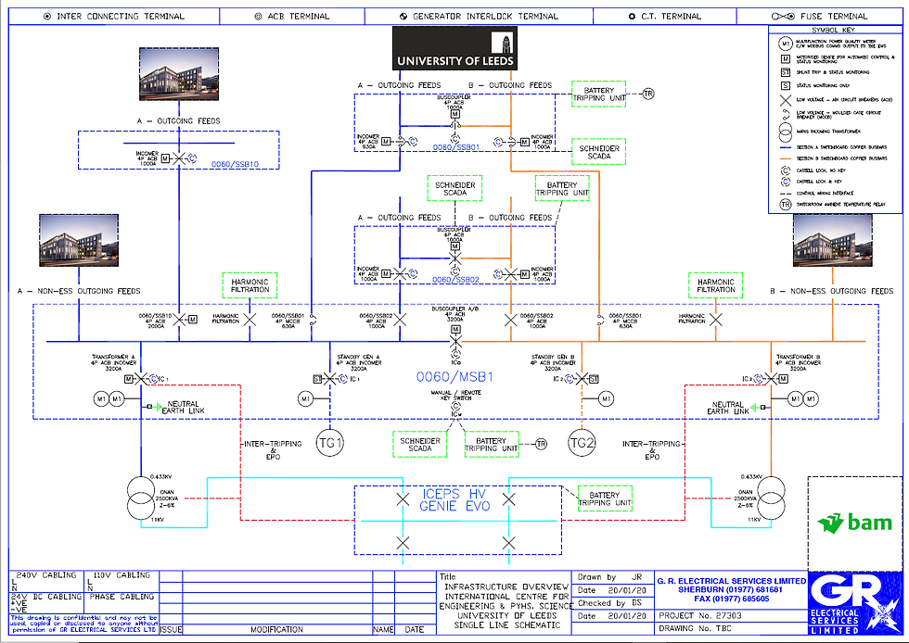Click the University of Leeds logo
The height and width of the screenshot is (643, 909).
pyautogui.click(x=454, y=49)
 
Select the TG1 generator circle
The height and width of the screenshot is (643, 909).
pyautogui.click(x=330, y=443)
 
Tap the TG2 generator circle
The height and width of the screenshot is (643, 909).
pyautogui.click(x=582, y=443)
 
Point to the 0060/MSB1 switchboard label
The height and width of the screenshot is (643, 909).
pyautogui.click(x=454, y=378)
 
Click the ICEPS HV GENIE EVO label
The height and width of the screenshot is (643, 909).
pyautogui.click(x=455, y=499)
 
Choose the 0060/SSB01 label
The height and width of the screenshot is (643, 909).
pyautogui.click(x=455, y=147)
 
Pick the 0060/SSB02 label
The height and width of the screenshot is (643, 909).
pyautogui.click(x=455, y=280)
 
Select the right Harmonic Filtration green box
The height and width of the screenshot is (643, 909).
pyautogui.click(x=716, y=286)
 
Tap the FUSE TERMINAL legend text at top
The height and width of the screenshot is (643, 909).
pyautogui.click(x=834, y=16)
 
